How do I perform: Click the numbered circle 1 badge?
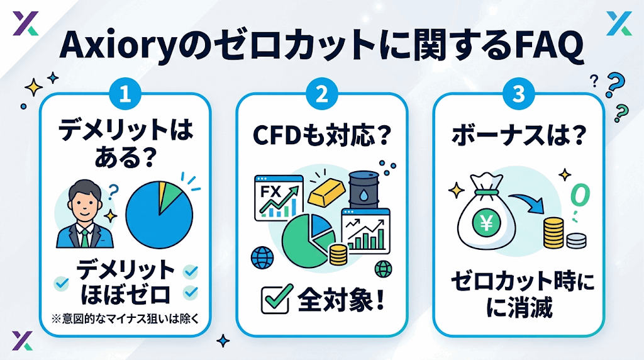click(x=125, y=94)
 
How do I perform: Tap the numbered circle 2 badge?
click(x=322, y=94)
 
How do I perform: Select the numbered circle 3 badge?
click(x=519, y=94)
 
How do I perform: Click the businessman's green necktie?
click(x=84, y=237)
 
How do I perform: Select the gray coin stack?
click(x=576, y=240)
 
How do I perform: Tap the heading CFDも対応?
click(x=321, y=135)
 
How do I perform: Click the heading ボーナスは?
click(x=518, y=135)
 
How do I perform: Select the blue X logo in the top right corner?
click(x=619, y=23)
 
